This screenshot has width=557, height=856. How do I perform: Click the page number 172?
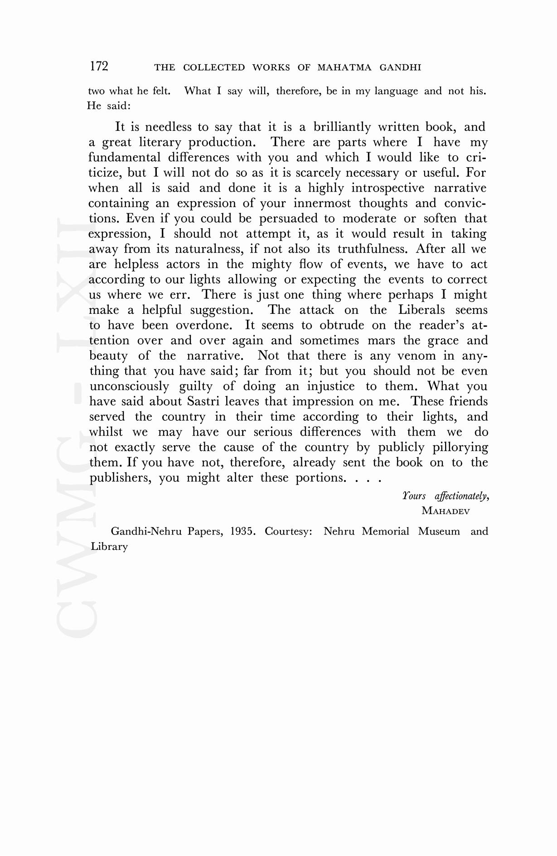point(99,67)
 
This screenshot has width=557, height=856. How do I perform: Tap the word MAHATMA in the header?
point(344,68)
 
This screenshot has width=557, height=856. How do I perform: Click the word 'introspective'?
point(387,188)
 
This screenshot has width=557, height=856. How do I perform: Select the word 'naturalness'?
point(208,249)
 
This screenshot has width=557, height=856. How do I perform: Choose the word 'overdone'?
point(204,325)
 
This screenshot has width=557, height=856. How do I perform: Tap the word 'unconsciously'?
point(129,386)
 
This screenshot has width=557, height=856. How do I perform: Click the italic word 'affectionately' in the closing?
point(461,496)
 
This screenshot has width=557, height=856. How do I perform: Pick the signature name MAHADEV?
point(446,511)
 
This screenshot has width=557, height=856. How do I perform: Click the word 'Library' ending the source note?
point(109,547)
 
